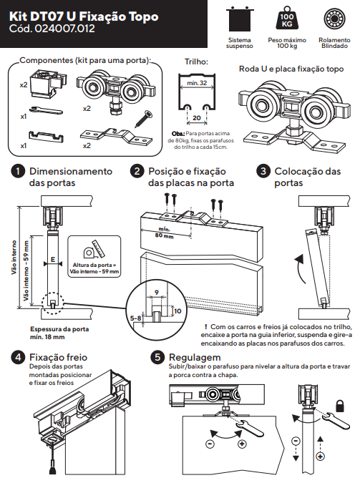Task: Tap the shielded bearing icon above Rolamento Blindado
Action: coord(334,19)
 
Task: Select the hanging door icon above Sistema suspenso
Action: coord(240,19)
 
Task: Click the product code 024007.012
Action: coord(64,29)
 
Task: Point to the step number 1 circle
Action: coord(18,171)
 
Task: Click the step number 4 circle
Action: coord(18,357)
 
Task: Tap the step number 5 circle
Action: coord(157,357)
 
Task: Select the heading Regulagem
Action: coord(195,357)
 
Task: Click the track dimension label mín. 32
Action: coord(197,82)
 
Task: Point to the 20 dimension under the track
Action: coord(197,117)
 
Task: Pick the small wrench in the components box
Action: coord(47,110)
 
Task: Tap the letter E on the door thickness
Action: coord(53,259)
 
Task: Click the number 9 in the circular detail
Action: coord(157,292)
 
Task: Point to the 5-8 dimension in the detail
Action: coord(135,318)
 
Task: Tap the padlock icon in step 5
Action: coord(340,406)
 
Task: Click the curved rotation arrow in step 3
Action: coord(300,268)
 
